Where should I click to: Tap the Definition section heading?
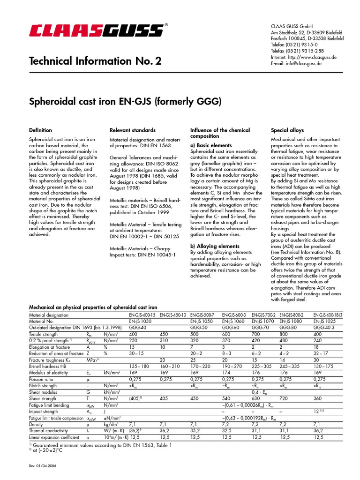pyautogui.click(x=41, y=130)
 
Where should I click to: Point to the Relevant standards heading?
pyautogui.click(x=133, y=130)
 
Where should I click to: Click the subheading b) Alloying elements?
pyautogui.click(x=215, y=246)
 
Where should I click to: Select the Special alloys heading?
pyautogui.click(x=287, y=130)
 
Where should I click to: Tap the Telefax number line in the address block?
pyautogui.click(x=297, y=51)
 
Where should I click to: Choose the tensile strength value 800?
pyautogui.click(x=284, y=335)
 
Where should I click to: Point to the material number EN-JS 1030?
pyautogui.click(x=140, y=322)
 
